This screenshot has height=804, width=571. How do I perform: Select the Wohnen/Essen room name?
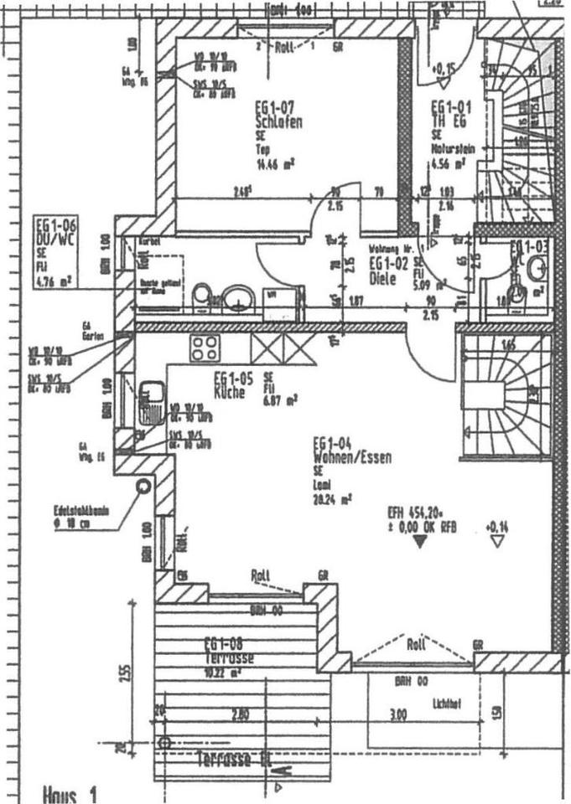point(340,458)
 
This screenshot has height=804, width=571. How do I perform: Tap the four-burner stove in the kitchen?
point(204,347)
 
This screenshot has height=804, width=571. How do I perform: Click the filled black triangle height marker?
point(420,543)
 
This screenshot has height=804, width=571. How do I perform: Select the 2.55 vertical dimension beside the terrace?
point(124,673)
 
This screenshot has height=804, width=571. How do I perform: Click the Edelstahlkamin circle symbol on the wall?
point(143,484)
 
